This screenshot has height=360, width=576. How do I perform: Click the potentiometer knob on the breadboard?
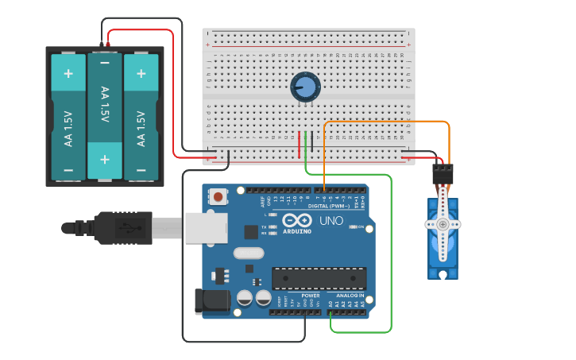coord(306,87)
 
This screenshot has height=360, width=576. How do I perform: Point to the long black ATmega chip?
coord(319,278)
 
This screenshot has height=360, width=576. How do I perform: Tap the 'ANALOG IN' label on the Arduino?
coord(348,296)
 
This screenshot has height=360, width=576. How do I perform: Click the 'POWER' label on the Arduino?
coord(310,296)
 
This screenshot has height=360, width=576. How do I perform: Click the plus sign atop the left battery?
coord(68,74)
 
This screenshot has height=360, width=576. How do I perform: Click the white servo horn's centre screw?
coord(442,225)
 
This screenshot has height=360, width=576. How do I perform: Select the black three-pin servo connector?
coord(443,172)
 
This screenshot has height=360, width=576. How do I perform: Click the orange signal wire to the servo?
coord(389,122)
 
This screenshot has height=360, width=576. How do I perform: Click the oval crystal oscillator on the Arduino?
coord(248,254)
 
